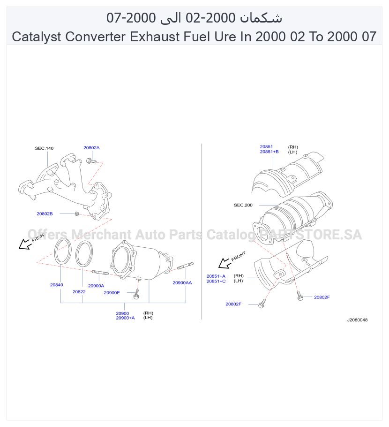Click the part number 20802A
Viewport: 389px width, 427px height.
(x=91, y=148)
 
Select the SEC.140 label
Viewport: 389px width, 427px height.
(x=44, y=148)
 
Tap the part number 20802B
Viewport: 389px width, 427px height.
(x=45, y=214)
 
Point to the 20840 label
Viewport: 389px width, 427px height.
(x=57, y=285)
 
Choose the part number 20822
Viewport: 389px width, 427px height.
(x=79, y=292)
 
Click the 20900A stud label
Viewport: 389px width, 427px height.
(x=96, y=286)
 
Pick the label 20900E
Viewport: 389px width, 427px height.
(x=112, y=293)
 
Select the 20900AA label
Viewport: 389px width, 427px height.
(x=182, y=282)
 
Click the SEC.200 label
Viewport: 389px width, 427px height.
(x=243, y=205)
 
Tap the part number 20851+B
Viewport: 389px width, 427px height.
(x=269, y=152)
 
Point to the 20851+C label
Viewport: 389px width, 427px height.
(x=216, y=282)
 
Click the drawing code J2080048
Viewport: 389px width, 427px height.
(x=358, y=320)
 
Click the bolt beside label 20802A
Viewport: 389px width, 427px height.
(x=91, y=161)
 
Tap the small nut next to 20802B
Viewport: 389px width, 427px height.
(x=77, y=214)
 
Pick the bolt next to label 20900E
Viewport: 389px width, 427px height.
(x=136, y=294)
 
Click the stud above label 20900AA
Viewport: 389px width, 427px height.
(x=186, y=266)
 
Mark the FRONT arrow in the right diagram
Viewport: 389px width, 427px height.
(x=224, y=263)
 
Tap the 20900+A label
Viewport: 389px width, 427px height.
(x=126, y=318)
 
